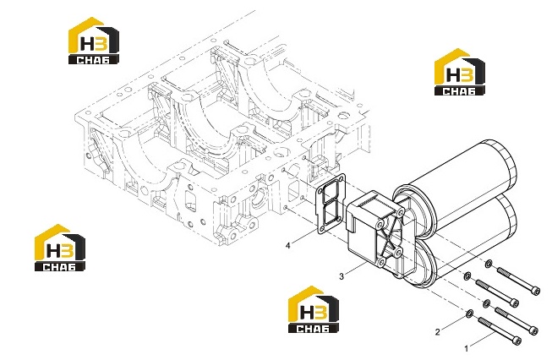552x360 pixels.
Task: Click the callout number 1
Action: pos(467,349)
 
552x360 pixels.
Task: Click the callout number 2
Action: pos(438,332)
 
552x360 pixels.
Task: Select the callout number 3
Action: pos(342,276)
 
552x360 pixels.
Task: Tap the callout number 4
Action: pos(288,245)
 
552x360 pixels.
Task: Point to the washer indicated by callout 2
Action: pos(470,314)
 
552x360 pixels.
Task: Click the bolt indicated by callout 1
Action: pos(500,330)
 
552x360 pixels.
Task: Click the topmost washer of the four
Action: pos(489,263)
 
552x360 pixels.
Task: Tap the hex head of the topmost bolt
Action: pos(535,291)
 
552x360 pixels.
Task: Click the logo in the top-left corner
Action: pos(94,41)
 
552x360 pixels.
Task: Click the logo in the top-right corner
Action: pos(459,72)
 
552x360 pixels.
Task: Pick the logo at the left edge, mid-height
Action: pos(60,248)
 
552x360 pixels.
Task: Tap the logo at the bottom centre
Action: pos(314,309)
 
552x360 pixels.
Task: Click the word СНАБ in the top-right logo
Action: pos(459,91)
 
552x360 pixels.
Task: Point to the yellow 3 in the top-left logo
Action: pos(101,44)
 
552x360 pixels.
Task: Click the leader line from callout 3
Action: pos(356,269)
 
